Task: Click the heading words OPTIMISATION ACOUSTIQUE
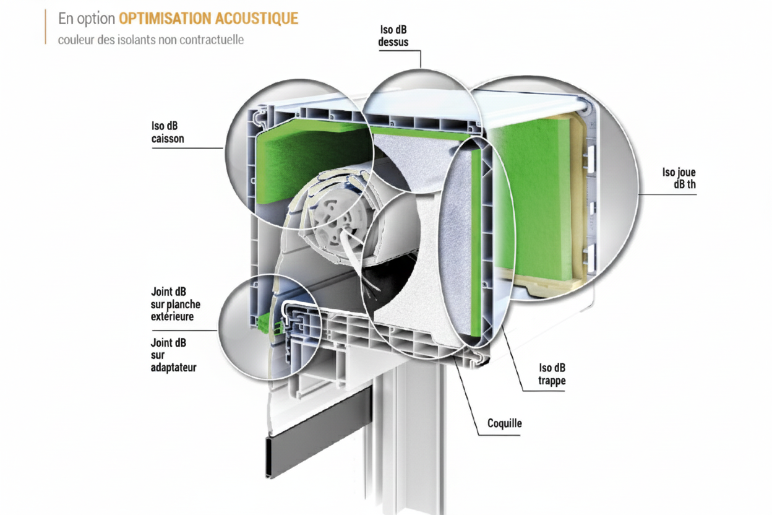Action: tap(208, 19)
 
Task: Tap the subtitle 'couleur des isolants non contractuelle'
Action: tap(151, 40)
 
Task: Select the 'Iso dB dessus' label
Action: tap(393, 37)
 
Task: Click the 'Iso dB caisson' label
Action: tap(168, 132)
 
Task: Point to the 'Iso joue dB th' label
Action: tap(679, 179)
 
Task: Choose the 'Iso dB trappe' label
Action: tap(552, 374)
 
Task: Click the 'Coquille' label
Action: tap(505, 423)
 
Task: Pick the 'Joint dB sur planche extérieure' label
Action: tap(176, 304)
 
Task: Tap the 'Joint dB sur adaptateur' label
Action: tap(173, 355)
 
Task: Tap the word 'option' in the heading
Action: tap(97, 19)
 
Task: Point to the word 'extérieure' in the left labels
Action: tap(173, 316)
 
